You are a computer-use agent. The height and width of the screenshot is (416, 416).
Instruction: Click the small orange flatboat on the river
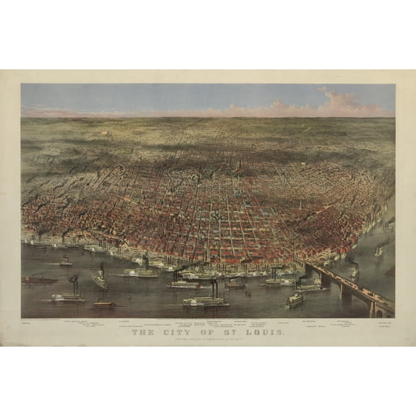[103, 304]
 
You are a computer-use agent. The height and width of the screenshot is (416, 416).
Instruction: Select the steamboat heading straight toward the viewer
[100, 279]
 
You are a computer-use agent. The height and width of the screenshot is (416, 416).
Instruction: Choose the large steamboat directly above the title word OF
[205, 300]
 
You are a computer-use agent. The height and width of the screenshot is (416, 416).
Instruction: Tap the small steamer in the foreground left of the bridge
[295, 299]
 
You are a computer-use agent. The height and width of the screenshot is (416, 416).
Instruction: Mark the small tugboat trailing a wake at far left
[65, 261]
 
